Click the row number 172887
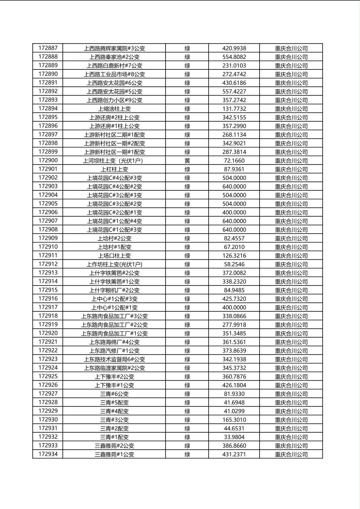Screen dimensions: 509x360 48,48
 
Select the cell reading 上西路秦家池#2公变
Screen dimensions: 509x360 114,57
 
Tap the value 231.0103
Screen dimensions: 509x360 234,66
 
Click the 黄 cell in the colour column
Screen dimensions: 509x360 187,161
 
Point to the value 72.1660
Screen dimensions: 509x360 234,161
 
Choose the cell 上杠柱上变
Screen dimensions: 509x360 114,169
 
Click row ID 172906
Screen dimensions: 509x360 48,213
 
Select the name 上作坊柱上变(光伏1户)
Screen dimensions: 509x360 114,264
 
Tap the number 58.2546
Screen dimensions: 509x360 234,264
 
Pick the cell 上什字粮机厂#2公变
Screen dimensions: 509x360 114,290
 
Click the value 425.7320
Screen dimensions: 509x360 234,299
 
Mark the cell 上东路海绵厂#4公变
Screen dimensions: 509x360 114,342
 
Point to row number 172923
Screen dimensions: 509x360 48,359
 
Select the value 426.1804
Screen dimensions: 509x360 234,385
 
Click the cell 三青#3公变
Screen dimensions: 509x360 114,420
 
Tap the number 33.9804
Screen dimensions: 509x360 234,437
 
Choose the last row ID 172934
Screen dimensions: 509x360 48,454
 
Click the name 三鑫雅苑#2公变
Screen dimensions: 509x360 114,446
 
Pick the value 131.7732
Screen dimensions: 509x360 234,109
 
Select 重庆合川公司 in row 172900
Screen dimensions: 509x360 291,161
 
